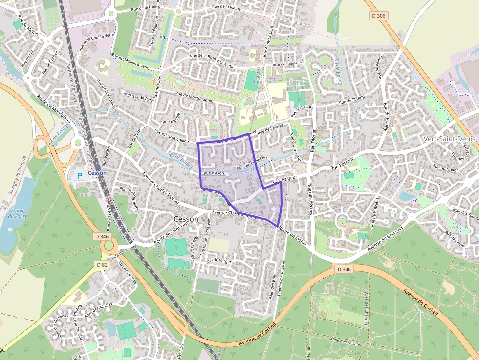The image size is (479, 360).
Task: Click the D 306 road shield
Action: tap(378, 16)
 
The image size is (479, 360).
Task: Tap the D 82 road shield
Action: tap(102, 264)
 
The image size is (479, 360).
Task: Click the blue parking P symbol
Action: tap(80, 174)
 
